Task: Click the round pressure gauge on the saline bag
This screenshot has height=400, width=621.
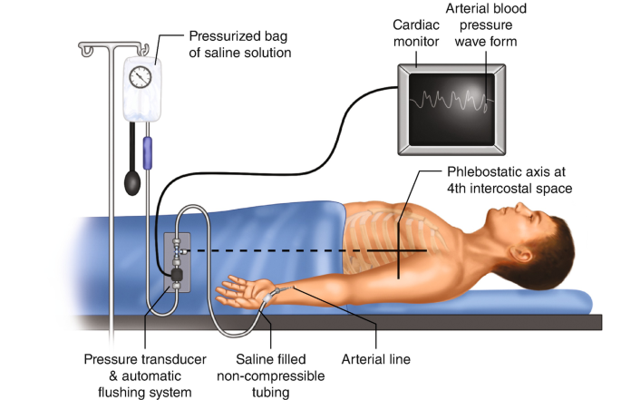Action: click(141, 77)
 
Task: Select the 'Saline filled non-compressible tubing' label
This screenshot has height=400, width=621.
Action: click(263, 374)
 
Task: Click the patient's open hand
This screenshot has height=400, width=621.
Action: click(238, 291)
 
